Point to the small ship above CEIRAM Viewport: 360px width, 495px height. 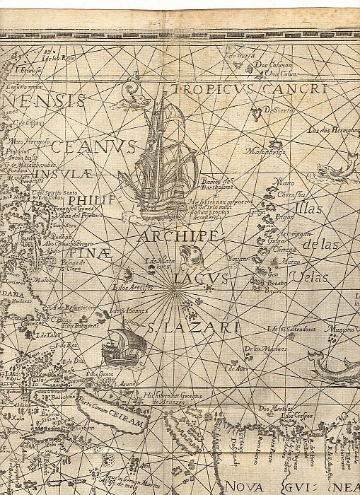(124, 342)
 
